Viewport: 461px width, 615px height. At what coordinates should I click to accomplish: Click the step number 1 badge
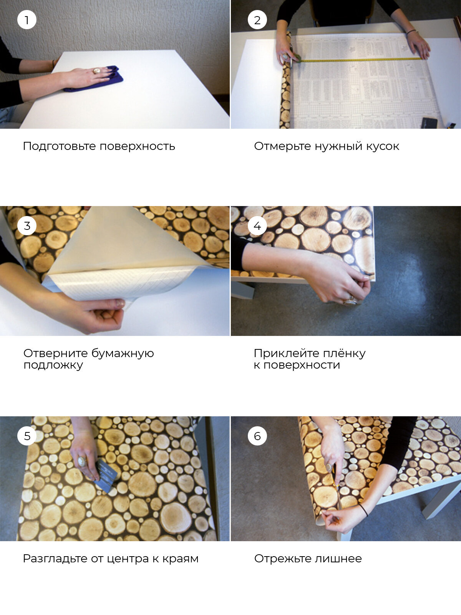click(27, 20)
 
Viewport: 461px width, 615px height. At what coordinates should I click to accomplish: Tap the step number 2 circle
click(257, 20)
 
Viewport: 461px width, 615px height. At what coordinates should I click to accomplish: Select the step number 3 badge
click(27, 226)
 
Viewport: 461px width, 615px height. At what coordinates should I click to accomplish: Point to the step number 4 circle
click(257, 226)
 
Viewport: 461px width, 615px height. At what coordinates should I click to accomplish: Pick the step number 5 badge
click(27, 436)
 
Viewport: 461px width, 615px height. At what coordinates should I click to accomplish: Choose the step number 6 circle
click(257, 436)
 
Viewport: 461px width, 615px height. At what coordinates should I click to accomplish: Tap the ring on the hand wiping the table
click(97, 71)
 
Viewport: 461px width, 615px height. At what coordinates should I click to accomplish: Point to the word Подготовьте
click(59, 146)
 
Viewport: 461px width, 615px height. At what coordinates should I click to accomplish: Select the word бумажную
click(123, 353)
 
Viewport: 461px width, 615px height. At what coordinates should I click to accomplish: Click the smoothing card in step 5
click(106, 475)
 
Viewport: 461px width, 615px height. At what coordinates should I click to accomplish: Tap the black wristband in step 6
click(364, 510)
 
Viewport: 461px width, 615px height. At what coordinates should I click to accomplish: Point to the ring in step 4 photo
click(350, 301)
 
